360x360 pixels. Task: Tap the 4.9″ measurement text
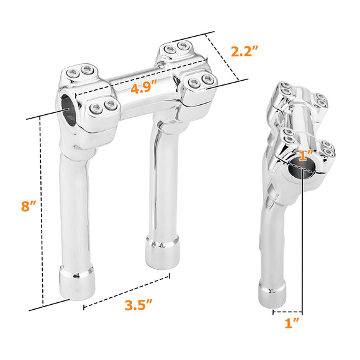coord(144,88)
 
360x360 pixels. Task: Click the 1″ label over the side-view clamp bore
coord(307,155)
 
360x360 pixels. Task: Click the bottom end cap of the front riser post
coord(77,282)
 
